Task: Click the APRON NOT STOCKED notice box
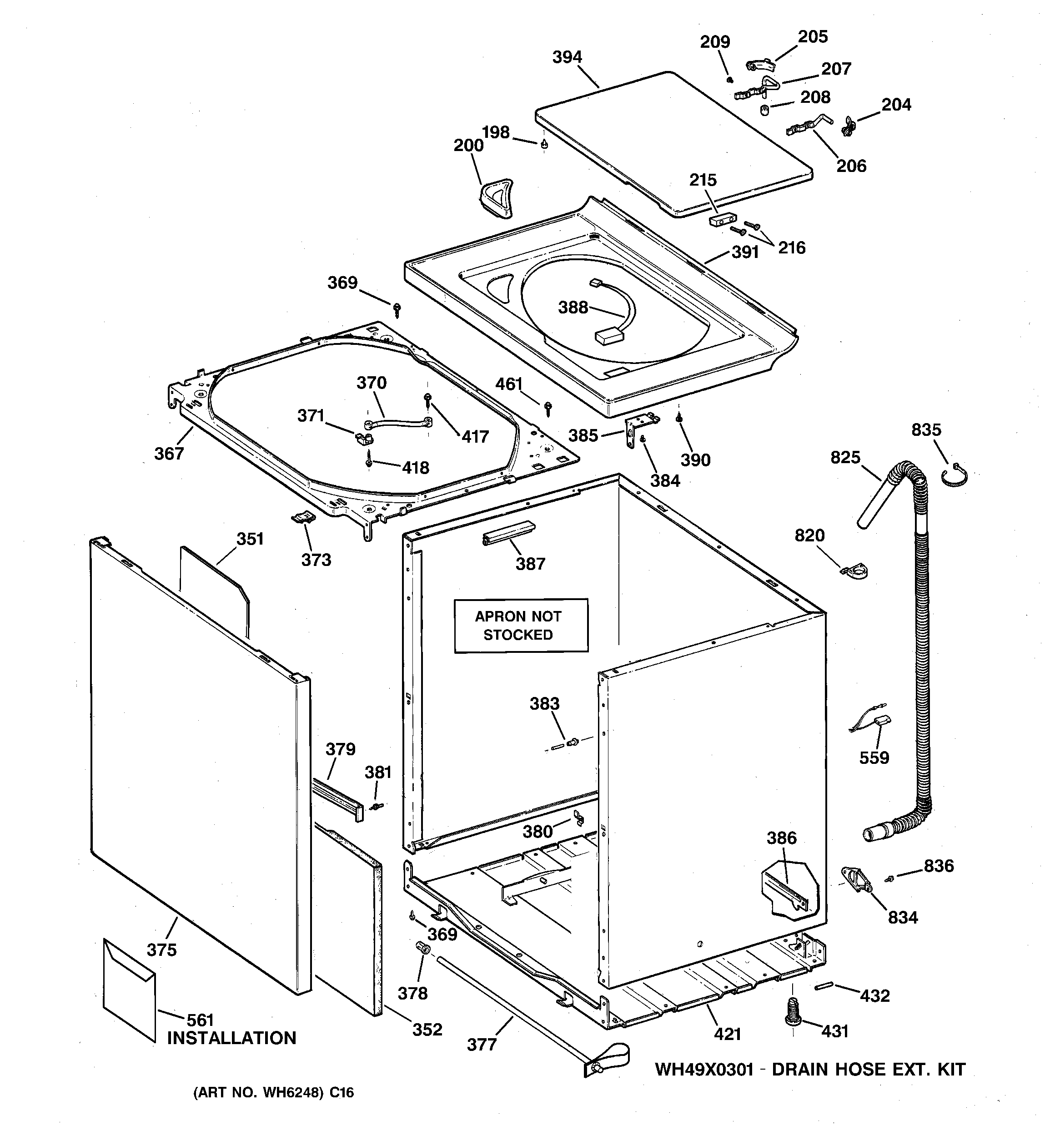pos(520,625)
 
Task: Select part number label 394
pos(567,57)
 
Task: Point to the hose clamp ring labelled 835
pos(955,475)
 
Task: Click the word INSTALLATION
pos(231,1038)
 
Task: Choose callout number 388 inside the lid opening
pos(573,308)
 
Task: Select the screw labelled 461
pos(548,407)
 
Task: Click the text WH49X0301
pos(704,1070)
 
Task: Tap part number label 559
pos(874,757)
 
